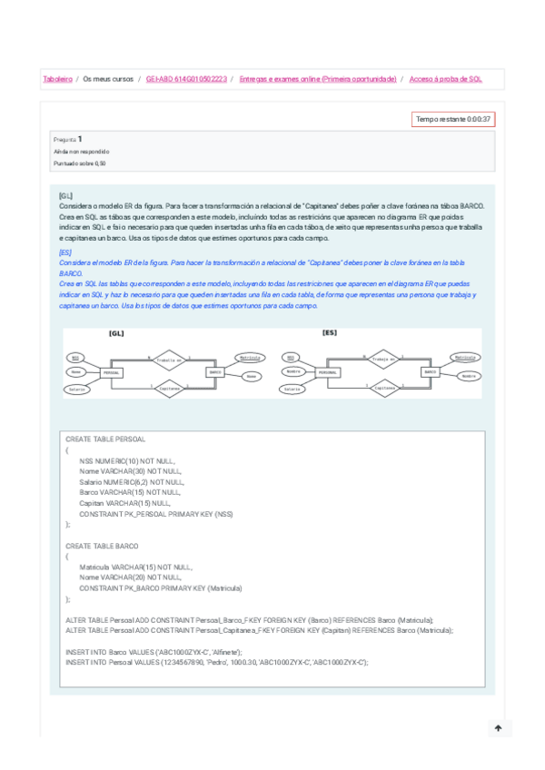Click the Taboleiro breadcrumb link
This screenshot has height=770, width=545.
coord(57,80)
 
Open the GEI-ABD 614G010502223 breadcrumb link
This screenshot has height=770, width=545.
coord(187,80)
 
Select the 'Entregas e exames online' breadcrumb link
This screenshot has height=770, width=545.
coord(318,80)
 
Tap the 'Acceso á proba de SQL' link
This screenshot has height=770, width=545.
coord(446,80)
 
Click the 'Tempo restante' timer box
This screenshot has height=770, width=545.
coord(453,119)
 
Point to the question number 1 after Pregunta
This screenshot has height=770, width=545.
coord(80,139)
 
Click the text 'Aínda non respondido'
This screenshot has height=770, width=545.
coord(81,152)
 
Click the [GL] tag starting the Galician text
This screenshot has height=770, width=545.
coord(65,195)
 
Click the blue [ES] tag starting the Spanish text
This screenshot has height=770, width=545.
coord(64,252)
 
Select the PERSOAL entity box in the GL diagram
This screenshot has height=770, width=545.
coord(112,373)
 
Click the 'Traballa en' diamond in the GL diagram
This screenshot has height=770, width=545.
coord(168,360)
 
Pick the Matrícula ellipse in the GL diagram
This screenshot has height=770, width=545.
coord(251,359)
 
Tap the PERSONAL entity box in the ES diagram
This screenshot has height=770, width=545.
coord(329,373)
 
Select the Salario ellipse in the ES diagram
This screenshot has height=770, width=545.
coord(292,389)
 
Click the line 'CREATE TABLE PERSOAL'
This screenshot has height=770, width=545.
coord(105,439)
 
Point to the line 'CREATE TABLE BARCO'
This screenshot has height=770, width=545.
coord(102,546)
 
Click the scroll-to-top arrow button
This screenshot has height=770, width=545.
coord(498,728)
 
